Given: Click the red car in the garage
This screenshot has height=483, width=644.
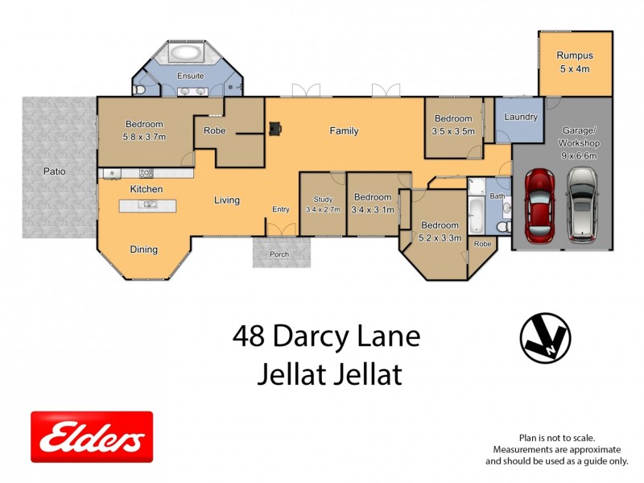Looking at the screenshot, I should click(540, 205).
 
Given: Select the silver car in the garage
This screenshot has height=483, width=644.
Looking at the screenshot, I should click(581, 205).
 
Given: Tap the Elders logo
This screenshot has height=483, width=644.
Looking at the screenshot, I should click(92, 437).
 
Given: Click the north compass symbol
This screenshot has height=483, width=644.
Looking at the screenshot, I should click(545, 336).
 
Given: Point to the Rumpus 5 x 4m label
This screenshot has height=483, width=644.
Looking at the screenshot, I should click(574, 62).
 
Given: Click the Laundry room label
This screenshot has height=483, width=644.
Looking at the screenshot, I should click(521, 118).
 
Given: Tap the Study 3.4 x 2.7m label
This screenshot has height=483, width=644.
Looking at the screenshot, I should click(323, 204).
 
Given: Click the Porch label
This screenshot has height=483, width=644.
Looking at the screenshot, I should click(279, 254).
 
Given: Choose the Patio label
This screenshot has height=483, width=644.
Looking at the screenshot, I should click(55, 171).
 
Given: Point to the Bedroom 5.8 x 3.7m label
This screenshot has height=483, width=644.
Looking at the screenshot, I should click(145, 130).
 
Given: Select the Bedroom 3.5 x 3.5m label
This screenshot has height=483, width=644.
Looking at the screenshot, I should click(453, 125).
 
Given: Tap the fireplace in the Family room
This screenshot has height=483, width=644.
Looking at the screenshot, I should click(275, 127).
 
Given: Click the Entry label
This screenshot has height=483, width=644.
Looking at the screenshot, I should click(280, 209).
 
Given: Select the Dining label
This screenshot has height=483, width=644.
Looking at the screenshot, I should click(143, 250).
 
